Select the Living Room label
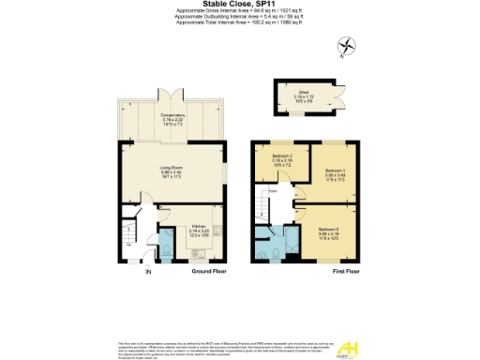(x=170, y=171)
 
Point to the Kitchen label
(x=199, y=228)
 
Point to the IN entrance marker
(x=147, y=272)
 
